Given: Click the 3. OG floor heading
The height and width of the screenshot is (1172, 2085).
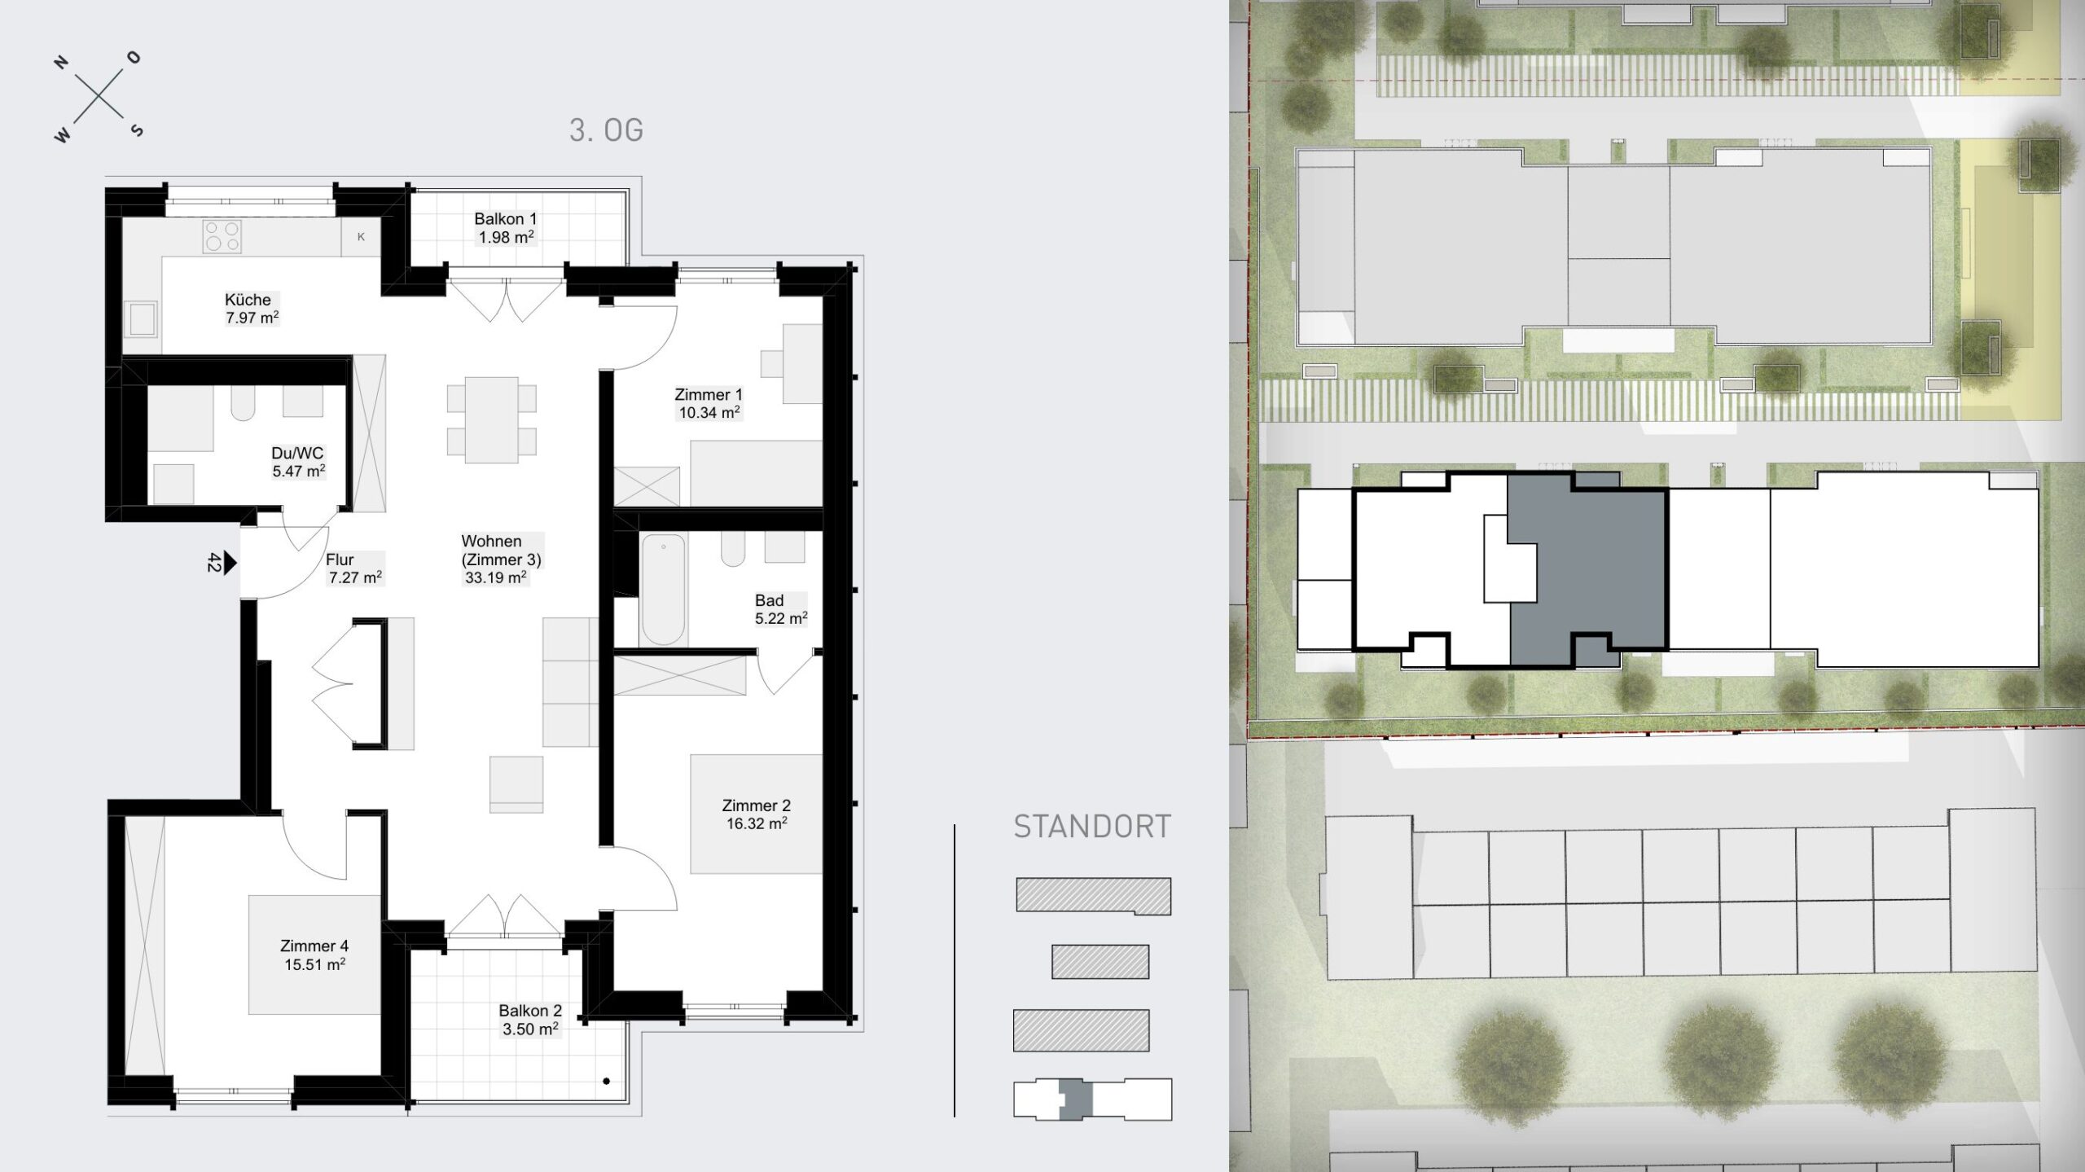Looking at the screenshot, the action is click(x=606, y=130).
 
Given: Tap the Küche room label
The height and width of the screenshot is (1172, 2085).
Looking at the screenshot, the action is click(x=248, y=300).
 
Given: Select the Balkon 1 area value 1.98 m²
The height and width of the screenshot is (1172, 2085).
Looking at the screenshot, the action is click(x=506, y=237).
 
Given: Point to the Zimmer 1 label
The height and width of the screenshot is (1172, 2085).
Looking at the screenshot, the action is click(x=709, y=395).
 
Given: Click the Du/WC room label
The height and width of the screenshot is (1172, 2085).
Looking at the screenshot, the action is click(x=297, y=454).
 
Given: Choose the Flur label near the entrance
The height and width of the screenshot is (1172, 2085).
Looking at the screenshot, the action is click(x=340, y=560).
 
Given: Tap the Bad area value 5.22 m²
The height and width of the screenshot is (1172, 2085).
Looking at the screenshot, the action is click(x=781, y=618).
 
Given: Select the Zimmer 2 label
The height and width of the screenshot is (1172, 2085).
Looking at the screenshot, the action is click(x=756, y=805).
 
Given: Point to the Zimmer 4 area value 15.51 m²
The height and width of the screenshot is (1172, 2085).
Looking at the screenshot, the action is click(x=314, y=964).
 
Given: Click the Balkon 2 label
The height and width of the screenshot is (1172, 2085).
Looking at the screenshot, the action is click(x=530, y=1011).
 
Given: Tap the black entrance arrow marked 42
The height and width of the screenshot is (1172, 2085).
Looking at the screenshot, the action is click(x=230, y=562).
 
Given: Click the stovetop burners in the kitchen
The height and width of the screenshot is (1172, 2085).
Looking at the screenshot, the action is click(x=222, y=236).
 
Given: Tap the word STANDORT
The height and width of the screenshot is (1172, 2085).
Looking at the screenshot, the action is click(x=1092, y=827).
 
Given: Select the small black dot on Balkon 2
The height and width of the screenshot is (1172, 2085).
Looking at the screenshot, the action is click(x=607, y=1082).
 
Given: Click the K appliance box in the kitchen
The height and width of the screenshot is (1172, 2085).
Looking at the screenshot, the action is click(x=361, y=237).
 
